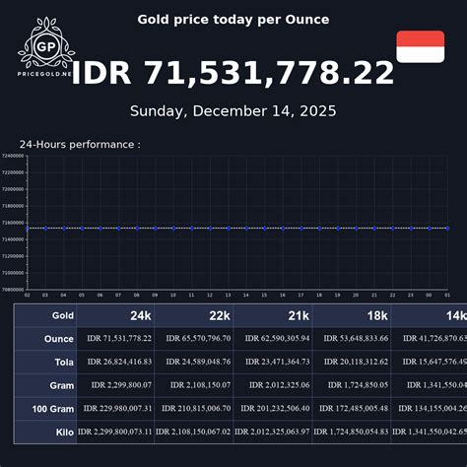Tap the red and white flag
tap(421, 46)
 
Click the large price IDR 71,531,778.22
tap(233, 73)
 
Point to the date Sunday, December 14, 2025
tap(233, 111)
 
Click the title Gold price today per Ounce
tap(233, 20)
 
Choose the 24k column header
tap(140, 315)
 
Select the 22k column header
tap(219, 315)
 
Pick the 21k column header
tap(298, 315)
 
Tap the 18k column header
tap(376, 315)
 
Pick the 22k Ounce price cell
tap(194, 339)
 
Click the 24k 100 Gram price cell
tap(113, 408)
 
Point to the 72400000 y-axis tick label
tap(13, 156)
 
